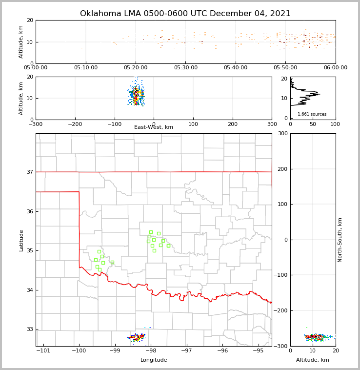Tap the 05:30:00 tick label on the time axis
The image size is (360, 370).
pyautogui.click(x=186, y=68)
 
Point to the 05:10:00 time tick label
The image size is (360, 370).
pyautogui.click(x=86, y=68)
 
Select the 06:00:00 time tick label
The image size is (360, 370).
pyautogui.click(x=335, y=68)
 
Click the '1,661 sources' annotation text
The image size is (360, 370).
pyautogui.click(x=312, y=114)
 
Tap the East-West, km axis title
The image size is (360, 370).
pyautogui.click(x=154, y=127)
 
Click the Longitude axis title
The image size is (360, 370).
pyautogui.click(x=154, y=360)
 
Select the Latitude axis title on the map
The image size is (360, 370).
pyautogui.click(x=21, y=240)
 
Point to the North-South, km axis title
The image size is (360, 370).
pyautogui.click(x=340, y=240)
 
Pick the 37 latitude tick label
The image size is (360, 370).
pyautogui.click(x=30, y=172)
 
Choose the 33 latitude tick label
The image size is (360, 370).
pyautogui.click(x=30, y=329)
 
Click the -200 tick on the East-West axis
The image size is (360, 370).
pyautogui.click(x=75, y=124)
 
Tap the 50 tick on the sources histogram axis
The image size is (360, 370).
pyautogui.click(x=313, y=124)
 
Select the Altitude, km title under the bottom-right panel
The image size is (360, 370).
pyautogui.click(x=313, y=360)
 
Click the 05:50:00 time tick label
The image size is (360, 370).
pyautogui.click(x=285, y=68)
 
